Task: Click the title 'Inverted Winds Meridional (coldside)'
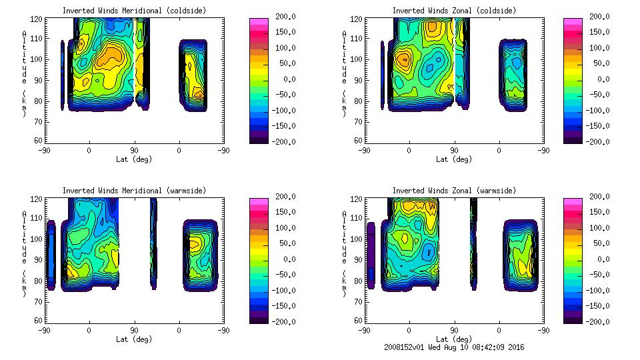pos(135,11)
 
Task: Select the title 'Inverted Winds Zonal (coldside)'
pos(454,11)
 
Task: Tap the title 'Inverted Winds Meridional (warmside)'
pos(135,191)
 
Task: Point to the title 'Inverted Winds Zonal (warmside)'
pos(454,191)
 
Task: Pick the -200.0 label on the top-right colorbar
pos(603,141)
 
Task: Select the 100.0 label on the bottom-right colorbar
pos(603,228)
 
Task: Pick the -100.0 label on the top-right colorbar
pos(603,110)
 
